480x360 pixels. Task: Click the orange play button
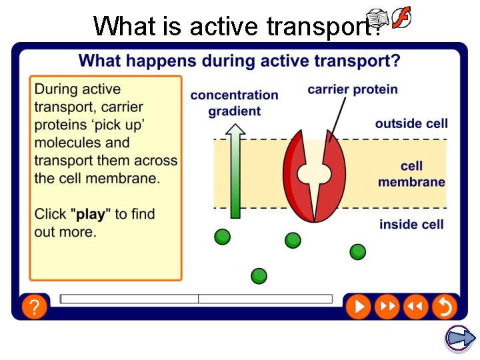click(x=358, y=306)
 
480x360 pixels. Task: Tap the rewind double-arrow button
click(x=415, y=306)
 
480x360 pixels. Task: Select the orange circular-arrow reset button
click(x=443, y=306)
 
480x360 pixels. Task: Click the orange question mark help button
click(x=33, y=307)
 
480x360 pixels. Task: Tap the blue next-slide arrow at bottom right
click(x=459, y=338)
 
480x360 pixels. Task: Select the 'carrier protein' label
click(x=352, y=89)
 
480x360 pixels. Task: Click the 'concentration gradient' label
click(x=234, y=103)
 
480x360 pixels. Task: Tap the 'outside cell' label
click(x=411, y=123)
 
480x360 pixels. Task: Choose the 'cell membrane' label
click(x=411, y=174)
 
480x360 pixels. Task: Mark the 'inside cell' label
click(x=411, y=225)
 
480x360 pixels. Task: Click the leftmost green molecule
click(x=223, y=237)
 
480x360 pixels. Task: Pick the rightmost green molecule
click(x=358, y=251)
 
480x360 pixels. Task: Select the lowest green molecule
click(x=259, y=275)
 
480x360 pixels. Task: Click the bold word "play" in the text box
click(x=91, y=214)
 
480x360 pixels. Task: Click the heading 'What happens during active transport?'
click(x=239, y=61)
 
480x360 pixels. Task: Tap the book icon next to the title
click(x=377, y=19)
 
